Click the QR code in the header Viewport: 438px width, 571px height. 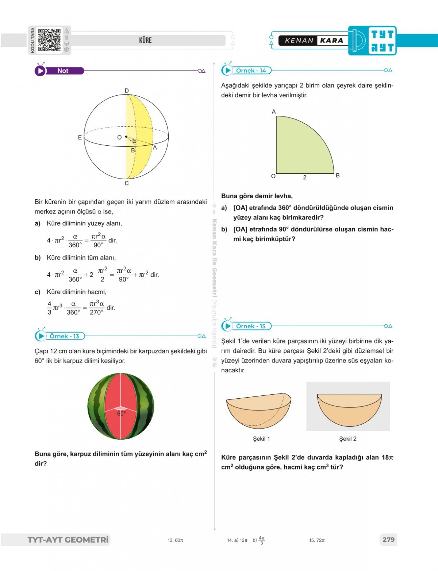(49, 40)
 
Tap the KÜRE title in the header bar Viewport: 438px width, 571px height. (145, 40)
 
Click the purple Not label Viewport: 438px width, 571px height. (63, 71)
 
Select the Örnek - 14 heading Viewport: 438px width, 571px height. (251, 70)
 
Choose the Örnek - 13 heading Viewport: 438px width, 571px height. (64, 336)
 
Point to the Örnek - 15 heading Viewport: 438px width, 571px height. (251, 326)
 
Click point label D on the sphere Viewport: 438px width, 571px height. (127, 91)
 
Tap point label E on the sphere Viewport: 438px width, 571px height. (80, 138)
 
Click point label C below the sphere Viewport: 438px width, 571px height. (127, 183)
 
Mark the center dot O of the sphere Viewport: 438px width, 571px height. (126, 137)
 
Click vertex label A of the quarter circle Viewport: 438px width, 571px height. (274, 112)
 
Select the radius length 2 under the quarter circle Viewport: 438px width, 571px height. (305, 177)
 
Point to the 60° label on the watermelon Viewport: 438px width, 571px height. (121, 414)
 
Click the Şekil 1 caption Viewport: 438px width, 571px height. (261, 439)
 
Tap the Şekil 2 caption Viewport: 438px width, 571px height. (348, 439)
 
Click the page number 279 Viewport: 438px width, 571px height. (388, 540)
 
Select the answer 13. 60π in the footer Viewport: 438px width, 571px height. (176, 540)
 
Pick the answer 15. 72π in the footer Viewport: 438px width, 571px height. (317, 540)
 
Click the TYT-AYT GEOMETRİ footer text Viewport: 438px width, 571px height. (68, 540)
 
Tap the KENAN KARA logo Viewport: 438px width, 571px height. (314, 41)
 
